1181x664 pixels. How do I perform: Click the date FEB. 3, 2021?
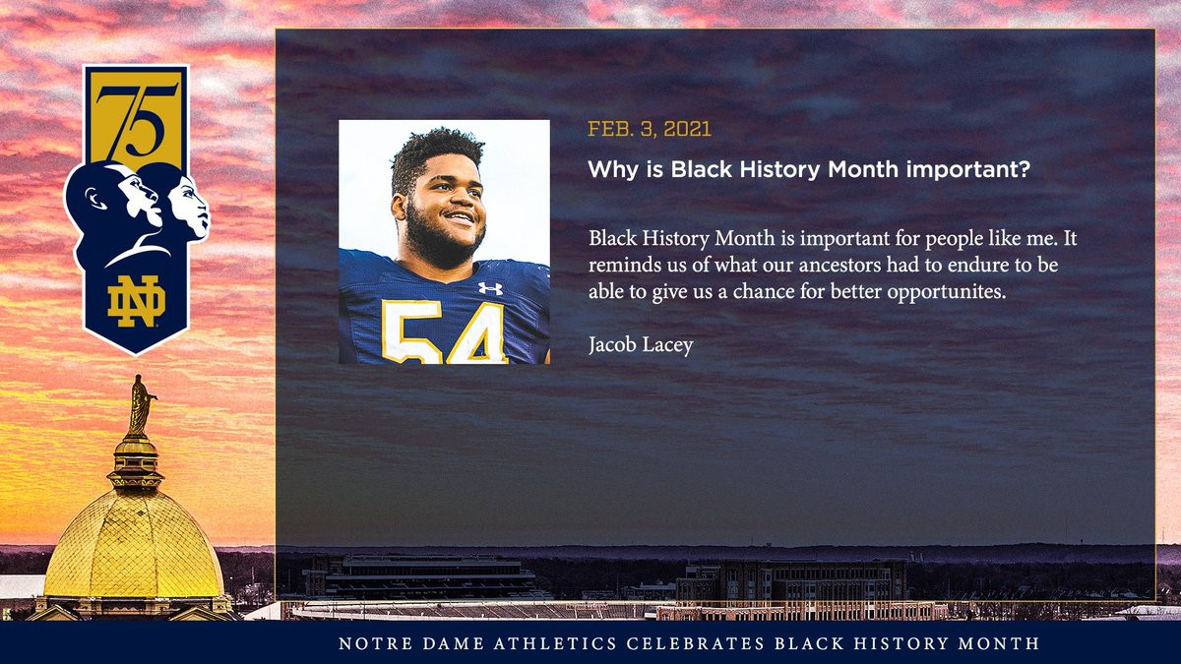point(650,129)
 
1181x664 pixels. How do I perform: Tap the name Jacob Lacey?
point(641,345)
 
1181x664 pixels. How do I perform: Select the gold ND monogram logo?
point(137,301)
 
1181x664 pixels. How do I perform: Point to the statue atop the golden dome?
point(140,404)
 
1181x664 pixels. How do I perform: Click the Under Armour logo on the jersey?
point(490,288)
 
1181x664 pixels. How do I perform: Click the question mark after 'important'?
point(1024,169)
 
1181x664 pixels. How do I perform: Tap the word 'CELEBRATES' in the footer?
point(696,643)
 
